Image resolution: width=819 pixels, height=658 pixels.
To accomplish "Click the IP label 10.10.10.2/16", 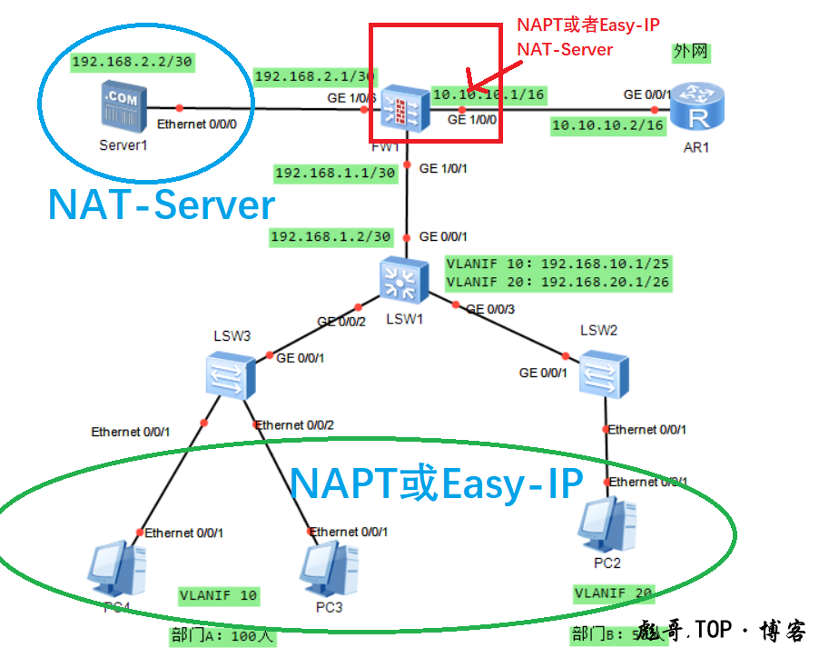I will pyautogui.click(x=608, y=125).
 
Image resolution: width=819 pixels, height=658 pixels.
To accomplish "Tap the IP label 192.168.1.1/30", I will pyautogui.click(x=334, y=173).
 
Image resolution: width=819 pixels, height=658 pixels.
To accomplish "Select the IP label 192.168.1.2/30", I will pyautogui.click(x=331, y=237).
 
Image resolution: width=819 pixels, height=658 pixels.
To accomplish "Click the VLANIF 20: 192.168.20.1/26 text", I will pyautogui.click(x=558, y=282).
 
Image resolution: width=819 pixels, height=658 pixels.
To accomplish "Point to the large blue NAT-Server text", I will pyautogui.click(x=162, y=205).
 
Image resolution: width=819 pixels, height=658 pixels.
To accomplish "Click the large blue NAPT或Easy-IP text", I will pyautogui.click(x=436, y=484).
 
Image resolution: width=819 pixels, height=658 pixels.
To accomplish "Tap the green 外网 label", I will pyautogui.click(x=690, y=53).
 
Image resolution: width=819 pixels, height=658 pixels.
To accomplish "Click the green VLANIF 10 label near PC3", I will pyautogui.click(x=219, y=596).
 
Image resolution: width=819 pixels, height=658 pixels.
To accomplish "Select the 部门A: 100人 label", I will pyautogui.click(x=222, y=635).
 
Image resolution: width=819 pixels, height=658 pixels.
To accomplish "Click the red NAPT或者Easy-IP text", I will pyautogui.click(x=587, y=25).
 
